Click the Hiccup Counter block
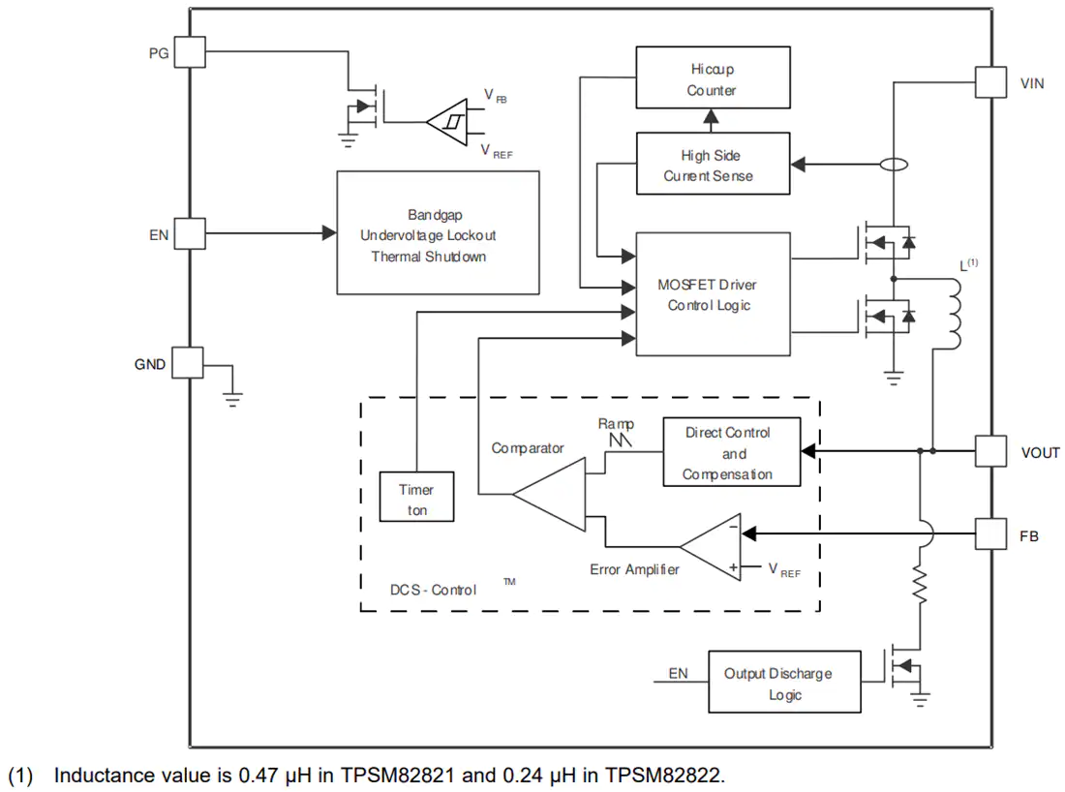point(713,77)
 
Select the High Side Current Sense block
point(713,164)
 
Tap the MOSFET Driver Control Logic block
point(713,294)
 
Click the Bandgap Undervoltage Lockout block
point(438,233)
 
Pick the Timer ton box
point(416,497)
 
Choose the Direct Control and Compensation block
point(732,452)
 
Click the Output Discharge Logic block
point(784,682)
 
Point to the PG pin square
point(190,51)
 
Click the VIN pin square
point(991,82)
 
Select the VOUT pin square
point(991,451)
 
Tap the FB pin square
point(991,533)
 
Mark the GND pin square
point(188,363)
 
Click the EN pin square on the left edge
point(190,233)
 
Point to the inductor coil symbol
point(955,314)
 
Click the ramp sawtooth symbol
point(620,441)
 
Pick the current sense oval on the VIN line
point(894,165)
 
